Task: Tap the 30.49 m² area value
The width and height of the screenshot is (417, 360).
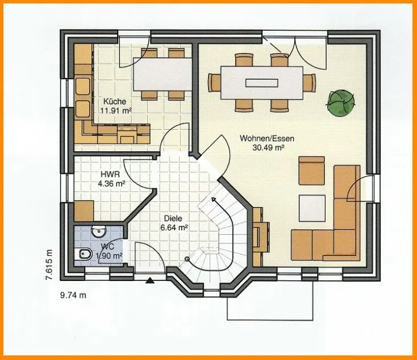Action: [268, 148]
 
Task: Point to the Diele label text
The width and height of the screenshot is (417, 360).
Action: [173, 218]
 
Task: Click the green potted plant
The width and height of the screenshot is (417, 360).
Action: [341, 102]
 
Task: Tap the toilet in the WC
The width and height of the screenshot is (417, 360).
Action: [83, 255]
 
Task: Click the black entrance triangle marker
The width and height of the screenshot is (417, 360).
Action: [150, 280]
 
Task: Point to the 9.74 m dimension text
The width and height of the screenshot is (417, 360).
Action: [73, 295]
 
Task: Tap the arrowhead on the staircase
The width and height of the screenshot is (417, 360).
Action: [214, 200]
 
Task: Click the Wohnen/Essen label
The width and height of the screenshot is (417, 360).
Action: [267, 138]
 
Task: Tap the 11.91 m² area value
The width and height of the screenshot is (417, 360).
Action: [115, 111]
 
